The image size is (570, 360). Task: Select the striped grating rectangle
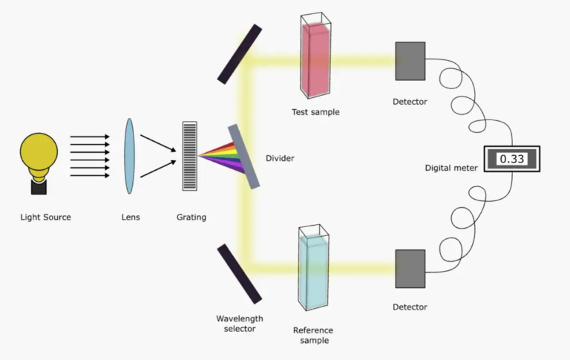coord(190,157)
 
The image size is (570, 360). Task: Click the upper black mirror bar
coord(239,54)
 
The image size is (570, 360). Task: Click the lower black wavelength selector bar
coord(239,274)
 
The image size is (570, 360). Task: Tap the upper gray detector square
coord(410,61)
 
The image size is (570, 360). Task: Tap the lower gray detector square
coord(410,268)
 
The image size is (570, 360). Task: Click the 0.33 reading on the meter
coord(511,159)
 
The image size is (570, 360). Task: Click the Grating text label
coord(191,217)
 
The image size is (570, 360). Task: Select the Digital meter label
coord(451,168)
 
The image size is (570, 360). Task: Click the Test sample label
coord(315,113)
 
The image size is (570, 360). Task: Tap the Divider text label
coord(280,158)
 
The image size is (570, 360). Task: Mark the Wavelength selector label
coord(239,324)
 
